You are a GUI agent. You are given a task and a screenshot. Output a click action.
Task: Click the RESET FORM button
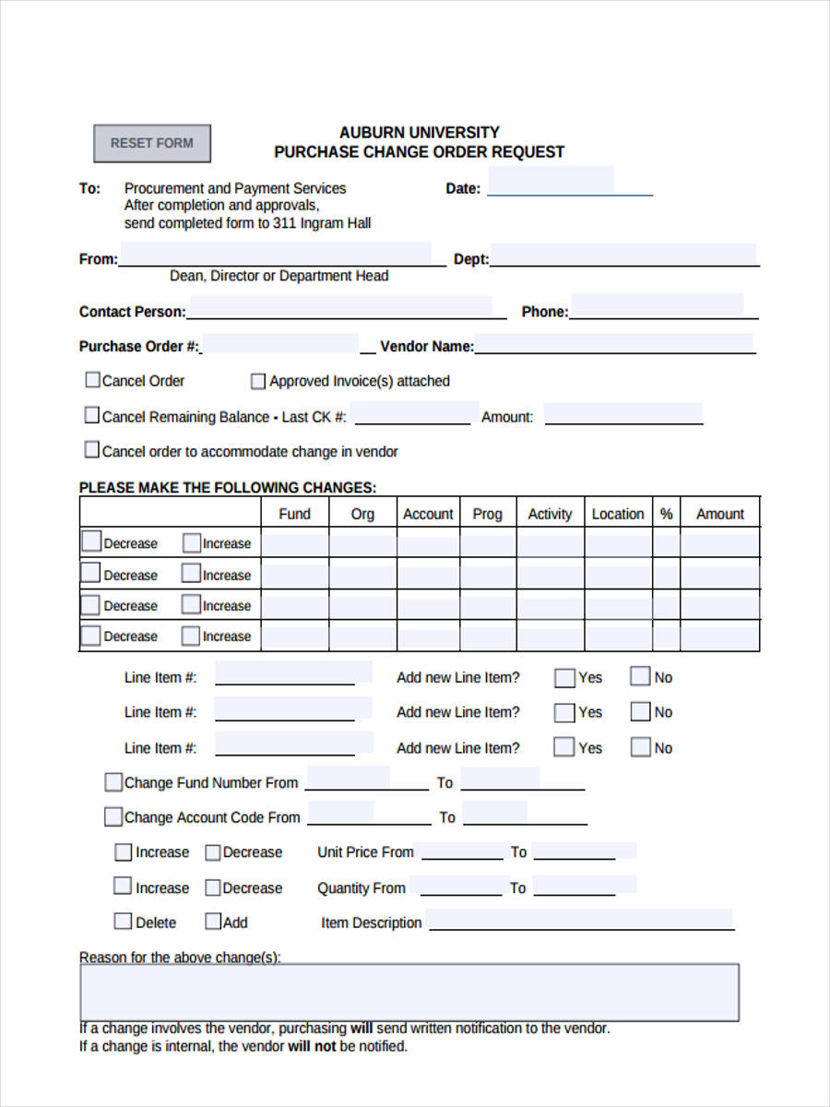(152, 143)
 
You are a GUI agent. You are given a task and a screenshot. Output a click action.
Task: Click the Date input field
(551, 181)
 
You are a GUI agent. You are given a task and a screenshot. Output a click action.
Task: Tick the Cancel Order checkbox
(92, 380)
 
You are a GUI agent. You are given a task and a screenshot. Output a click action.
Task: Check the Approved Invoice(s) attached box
(258, 381)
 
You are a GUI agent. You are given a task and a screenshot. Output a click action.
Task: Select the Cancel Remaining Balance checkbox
(92, 416)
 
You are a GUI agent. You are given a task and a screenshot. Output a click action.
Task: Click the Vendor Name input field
(613, 344)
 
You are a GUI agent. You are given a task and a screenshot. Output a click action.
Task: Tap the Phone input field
(657, 306)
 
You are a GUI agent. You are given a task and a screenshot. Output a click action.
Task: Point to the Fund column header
(294, 514)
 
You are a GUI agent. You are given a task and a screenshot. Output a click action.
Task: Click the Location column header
(618, 514)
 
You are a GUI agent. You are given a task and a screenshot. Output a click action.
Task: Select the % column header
(666, 514)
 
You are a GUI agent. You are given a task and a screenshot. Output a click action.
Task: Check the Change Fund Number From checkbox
(113, 782)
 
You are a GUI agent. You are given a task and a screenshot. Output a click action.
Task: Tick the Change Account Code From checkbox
(113, 816)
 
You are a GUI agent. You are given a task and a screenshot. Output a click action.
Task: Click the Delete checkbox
(123, 922)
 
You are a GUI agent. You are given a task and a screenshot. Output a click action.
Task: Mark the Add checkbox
(213, 922)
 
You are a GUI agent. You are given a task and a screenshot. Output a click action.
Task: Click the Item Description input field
(579, 920)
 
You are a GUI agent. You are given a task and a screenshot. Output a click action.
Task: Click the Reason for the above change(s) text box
(409, 992)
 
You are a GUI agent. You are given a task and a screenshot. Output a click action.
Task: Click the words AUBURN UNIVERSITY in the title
(419, 132)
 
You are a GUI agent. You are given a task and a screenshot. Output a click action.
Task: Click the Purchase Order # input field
(280, 344)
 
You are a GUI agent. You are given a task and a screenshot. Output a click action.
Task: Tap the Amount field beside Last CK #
(623, 413)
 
